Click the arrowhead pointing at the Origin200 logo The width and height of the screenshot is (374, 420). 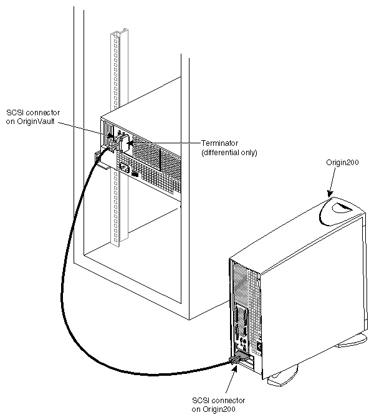pyautogui.click(x=330, y=194)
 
